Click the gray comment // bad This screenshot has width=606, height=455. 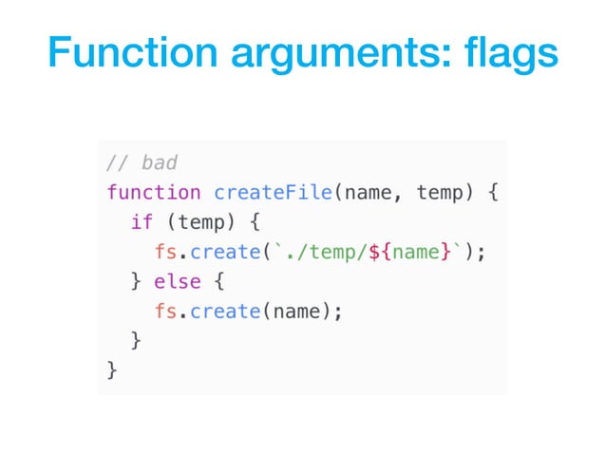142,162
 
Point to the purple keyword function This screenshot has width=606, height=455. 154,193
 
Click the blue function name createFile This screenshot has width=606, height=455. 273,193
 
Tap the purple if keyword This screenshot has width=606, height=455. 142,222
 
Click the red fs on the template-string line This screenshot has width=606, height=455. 165,252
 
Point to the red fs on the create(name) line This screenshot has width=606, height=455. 165,311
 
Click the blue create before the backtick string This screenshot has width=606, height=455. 225,252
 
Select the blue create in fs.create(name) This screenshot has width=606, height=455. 225,311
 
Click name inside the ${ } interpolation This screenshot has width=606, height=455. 415,252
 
